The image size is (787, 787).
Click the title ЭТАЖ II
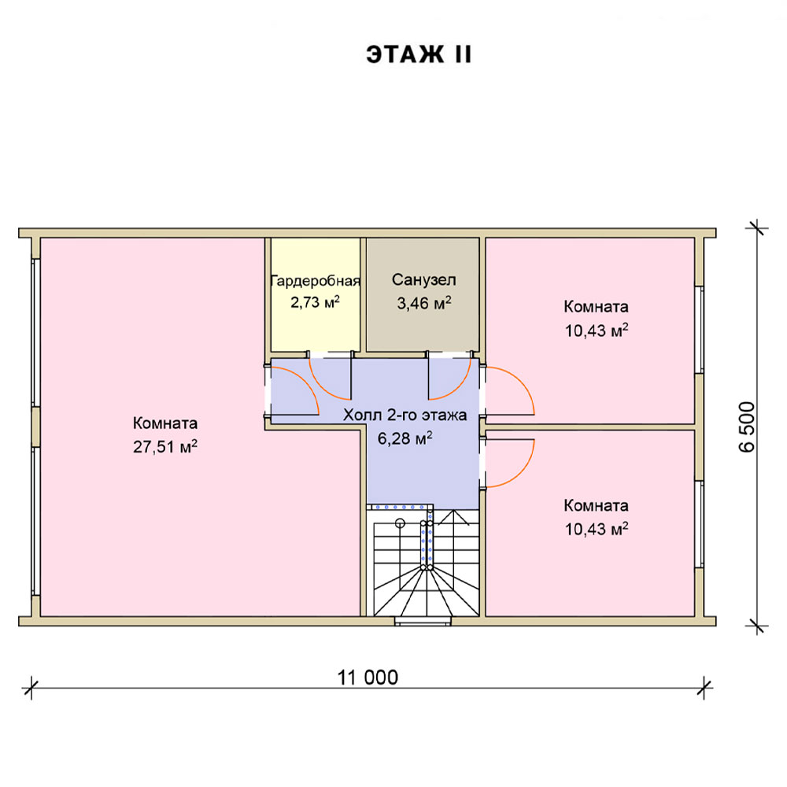pyautogui.click(x=419, y=54)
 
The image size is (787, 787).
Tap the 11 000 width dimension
pyautogui.click(x=368, y=678)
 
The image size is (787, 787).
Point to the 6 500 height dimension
pyautogui.click(x=746, y=427)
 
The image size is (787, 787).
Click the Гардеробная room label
pyautogui.click(x=316, y=281)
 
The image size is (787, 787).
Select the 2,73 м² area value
pyautogui.click(x=316, y=302)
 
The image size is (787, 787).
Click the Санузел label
pyautogui.click(x=423, y=279)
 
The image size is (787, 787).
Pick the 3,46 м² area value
pyautogui.click(x=424, y=303)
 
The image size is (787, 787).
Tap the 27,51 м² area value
pyautogui.click(x=165, y=446)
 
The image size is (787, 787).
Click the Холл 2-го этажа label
pyautogui.click(x=405, y=415)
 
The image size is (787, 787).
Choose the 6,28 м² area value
pyautogui.click(x=405, y=438)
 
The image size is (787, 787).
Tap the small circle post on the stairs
pyautogui.click(x=400, y=523)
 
